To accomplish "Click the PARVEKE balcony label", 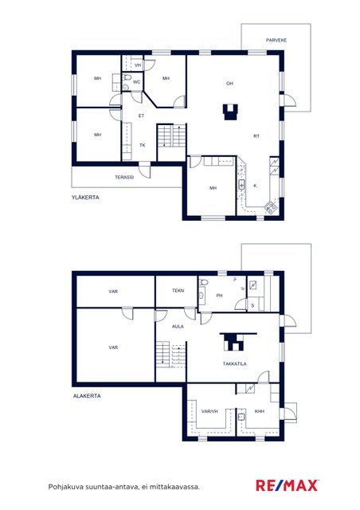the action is click(276, 41).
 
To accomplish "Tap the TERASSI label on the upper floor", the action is click(124, 177).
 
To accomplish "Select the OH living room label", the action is click(229, 84).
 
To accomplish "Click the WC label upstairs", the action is click(136, 82).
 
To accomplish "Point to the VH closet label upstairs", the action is click(138, 65).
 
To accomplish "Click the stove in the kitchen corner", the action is click(271, 207).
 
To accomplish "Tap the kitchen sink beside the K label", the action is click(241, 185).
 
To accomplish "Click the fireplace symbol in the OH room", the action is click(230, 112).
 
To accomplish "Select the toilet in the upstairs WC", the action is click(126, 77).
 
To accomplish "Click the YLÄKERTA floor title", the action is click(85, 198).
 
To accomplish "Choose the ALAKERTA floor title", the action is click(87, 396).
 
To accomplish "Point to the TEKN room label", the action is click(178, 290).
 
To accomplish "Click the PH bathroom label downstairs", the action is click(220, 296).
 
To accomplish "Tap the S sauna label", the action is click(252, 306).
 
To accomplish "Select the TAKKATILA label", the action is click(234, 364).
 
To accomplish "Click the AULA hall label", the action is click(178, 327).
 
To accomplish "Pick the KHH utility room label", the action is click(259, 411).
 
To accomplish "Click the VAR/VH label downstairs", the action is click(209, 411).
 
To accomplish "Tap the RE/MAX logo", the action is click(288, 485).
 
